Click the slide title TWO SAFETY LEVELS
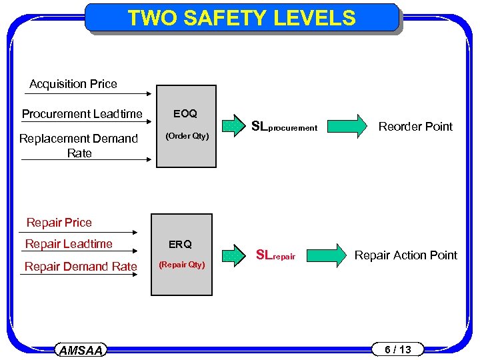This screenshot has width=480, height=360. (241, 18)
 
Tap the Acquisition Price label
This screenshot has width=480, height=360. (73, 84)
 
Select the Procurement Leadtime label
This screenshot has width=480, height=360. (82, 114)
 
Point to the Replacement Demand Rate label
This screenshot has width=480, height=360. (79, 145)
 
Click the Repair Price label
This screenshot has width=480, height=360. (59, 223)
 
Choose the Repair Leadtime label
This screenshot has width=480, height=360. (69, 244)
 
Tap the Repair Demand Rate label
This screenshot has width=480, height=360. (81, 267)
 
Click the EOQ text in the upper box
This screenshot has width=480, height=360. (185, 113)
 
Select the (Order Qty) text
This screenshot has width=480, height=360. (187, 137)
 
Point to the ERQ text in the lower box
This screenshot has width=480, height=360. (180, 244)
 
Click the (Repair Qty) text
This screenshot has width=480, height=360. (181, 265)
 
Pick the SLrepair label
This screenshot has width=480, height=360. (275, 255)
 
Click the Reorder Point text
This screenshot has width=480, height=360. (415, 127)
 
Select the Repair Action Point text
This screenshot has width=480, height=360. (406, 255)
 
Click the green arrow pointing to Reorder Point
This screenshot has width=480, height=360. (348, 126)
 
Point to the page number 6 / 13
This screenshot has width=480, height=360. (399, 349)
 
